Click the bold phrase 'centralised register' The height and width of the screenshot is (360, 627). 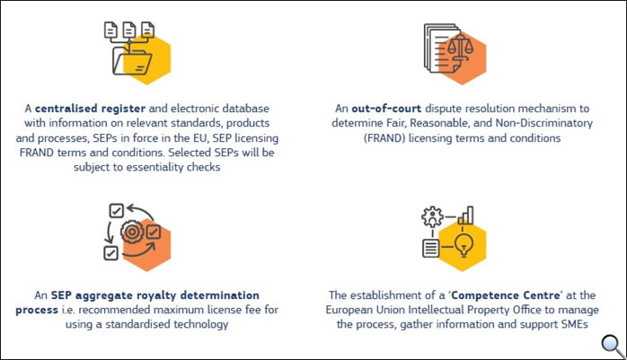[x=90, y=109]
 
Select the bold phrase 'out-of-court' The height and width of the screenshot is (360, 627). [x=386, y=109]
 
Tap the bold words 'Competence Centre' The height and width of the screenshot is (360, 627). [x=506, y=295]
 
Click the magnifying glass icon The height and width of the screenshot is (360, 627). [x=613, y=346]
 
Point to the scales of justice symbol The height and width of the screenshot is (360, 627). [x=460, y=48]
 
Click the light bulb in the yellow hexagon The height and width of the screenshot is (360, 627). [x=464, y=244]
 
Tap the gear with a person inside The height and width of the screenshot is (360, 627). [x=432, y=217]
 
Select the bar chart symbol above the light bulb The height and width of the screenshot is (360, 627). [x=466, y=215]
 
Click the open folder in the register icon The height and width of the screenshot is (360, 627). [x=132, y=62]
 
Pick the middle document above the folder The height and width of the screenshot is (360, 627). [x=128, y=30]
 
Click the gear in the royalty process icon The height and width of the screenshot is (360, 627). [x=132, y=232]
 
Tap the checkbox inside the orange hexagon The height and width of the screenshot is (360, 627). [x=153, y=232]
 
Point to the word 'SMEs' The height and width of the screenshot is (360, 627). [x=574, y=324]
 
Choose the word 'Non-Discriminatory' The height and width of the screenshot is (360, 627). [x=543, y=123]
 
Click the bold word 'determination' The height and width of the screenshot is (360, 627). [x=220, y=295]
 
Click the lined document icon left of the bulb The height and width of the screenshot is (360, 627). [x=431, y=248]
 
